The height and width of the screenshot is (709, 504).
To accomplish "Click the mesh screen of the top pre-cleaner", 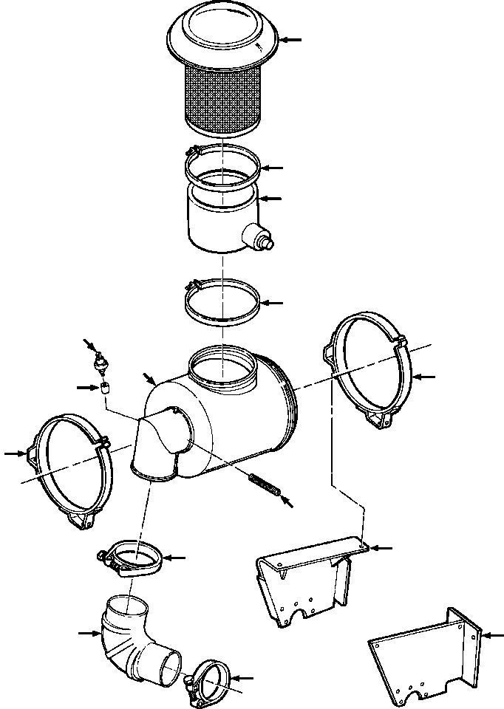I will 222,100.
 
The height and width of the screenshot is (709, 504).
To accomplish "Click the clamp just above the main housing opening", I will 222,301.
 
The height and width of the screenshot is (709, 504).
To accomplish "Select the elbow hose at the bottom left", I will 137,639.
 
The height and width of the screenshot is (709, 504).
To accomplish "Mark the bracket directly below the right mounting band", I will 307,583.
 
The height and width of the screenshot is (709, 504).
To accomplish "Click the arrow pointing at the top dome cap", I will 293,39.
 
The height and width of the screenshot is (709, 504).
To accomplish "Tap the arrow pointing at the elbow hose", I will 88,632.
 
